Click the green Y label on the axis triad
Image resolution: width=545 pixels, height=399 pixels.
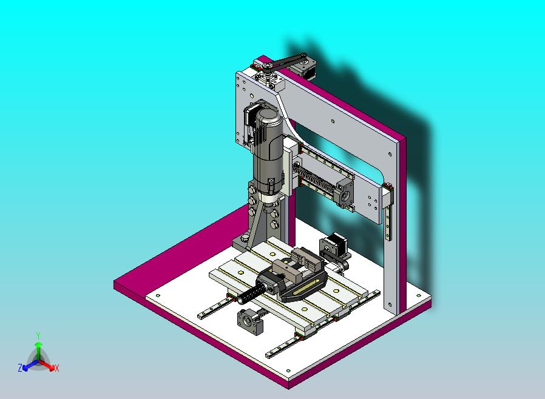[x=38, y=335]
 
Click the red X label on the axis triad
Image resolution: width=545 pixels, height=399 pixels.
[x=57, y=369]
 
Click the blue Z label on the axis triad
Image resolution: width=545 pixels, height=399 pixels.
[x=20, y=367]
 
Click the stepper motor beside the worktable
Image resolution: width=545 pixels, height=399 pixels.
[x=333, y=246]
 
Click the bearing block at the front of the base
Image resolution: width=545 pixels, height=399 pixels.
[x=249, y=322]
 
